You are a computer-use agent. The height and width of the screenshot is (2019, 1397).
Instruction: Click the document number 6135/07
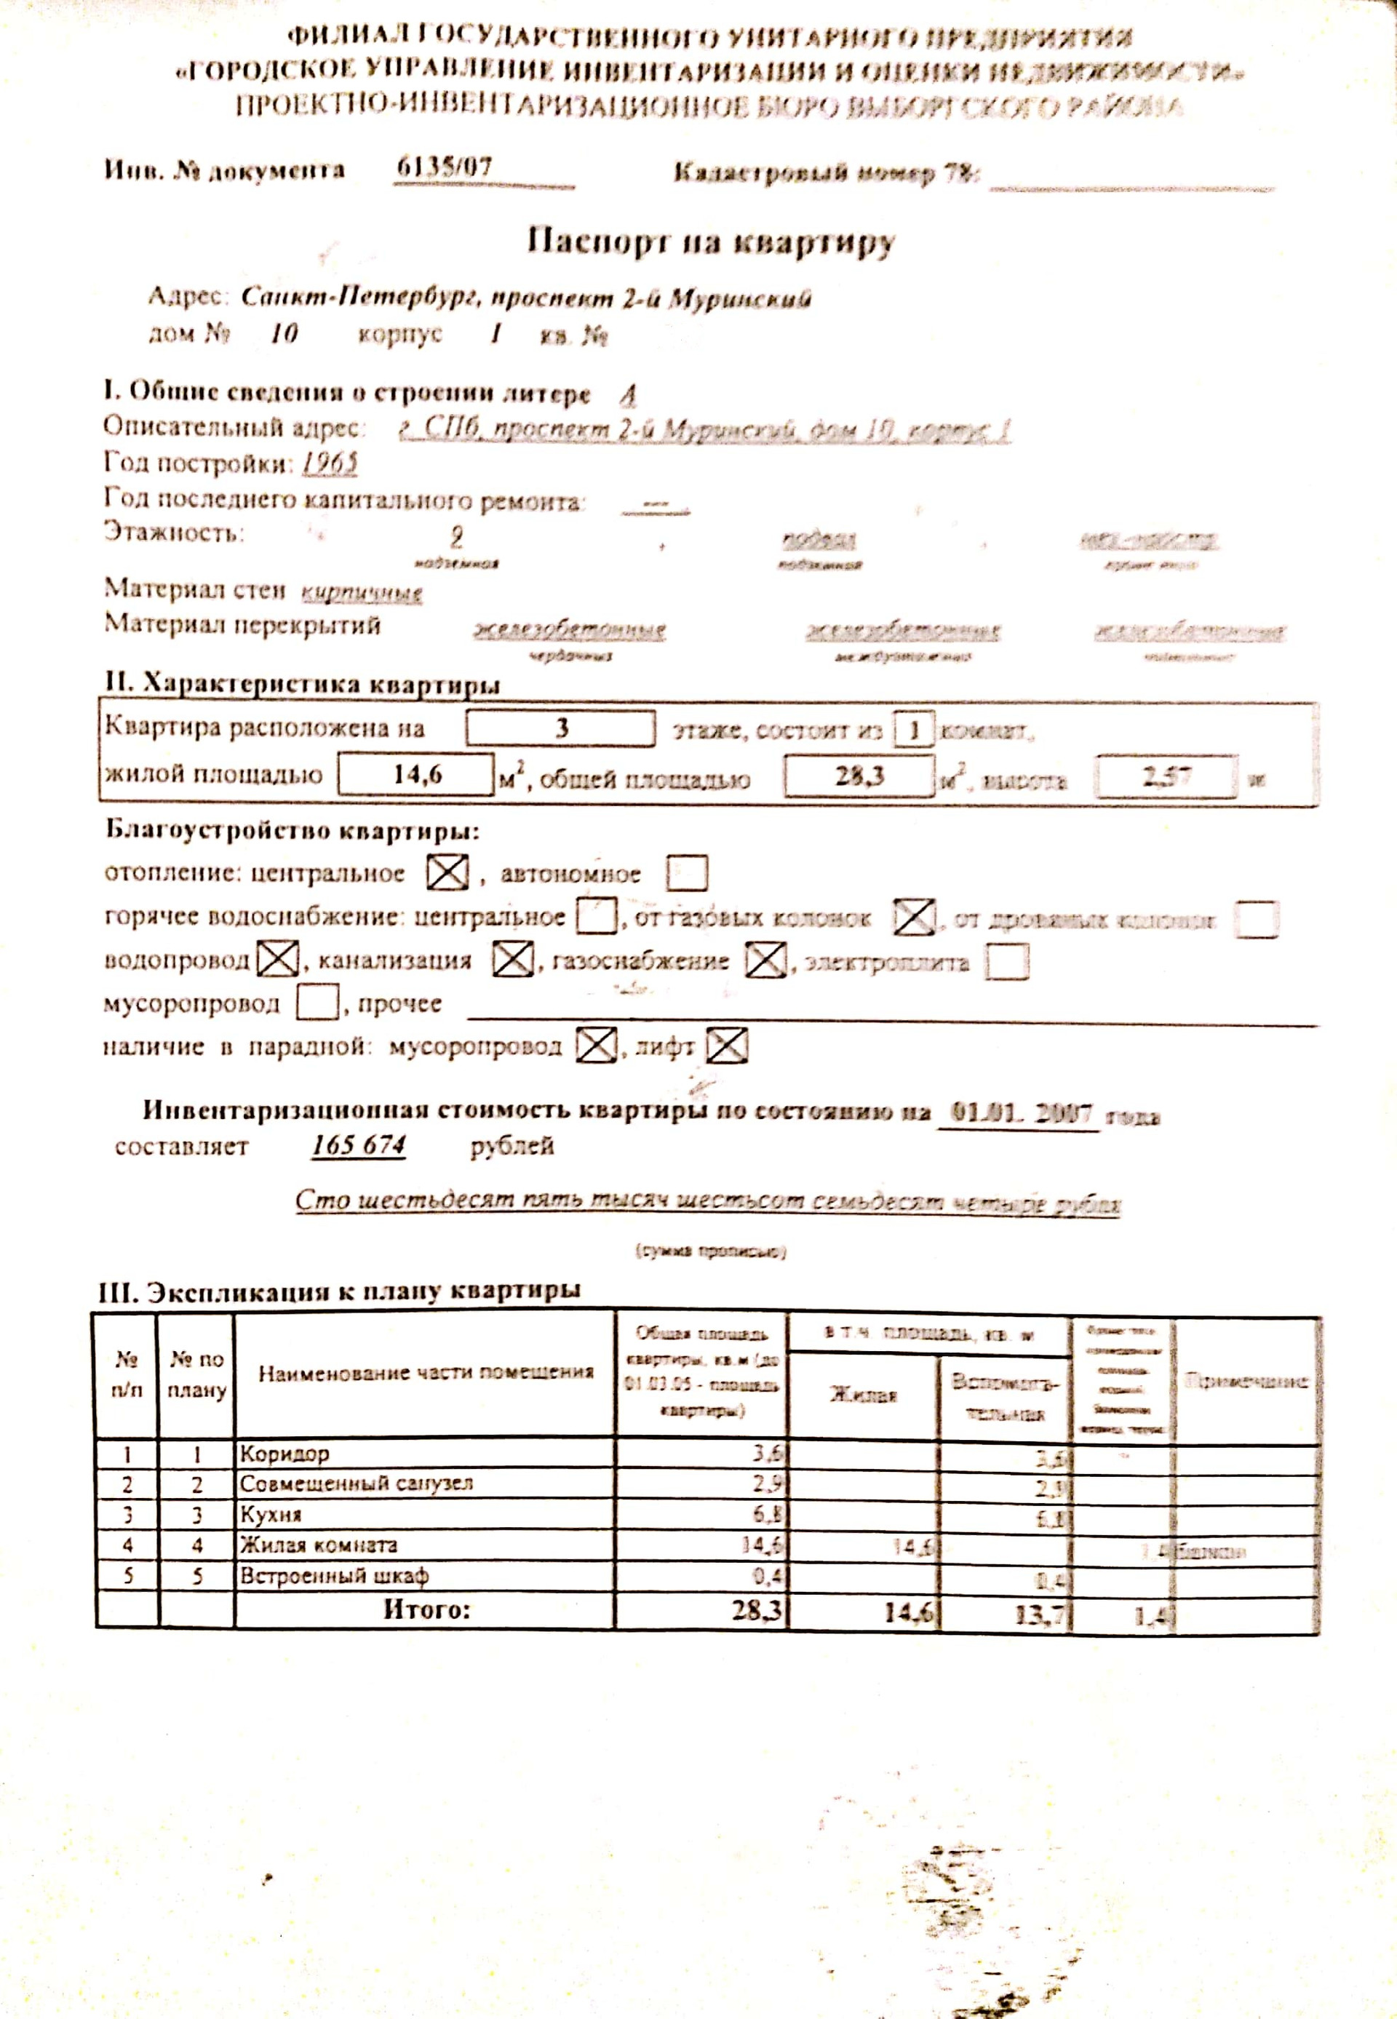pyautogui.click(x=445, y=167)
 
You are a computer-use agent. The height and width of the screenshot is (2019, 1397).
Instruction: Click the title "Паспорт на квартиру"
pyautogui.click(x=711, y=242)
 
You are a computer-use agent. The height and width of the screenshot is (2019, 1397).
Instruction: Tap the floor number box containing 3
pyautogui.click(x=560, y=728)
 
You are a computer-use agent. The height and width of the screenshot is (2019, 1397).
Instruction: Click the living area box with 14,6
pyautogui.click(x=417, y=776)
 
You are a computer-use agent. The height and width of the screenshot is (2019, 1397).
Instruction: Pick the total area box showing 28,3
pyautogui.click(x=859, y=776)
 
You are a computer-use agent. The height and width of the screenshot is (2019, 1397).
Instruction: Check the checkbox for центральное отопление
pyautogui.click(x=447, y=872)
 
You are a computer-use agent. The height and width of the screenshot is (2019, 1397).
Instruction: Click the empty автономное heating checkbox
pyautogui.click(x=686, y=873)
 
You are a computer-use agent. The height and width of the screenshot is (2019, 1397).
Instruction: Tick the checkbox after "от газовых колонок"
pyautogui.click(x=913, y=917)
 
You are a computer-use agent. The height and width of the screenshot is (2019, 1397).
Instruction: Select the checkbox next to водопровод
pyautogui.click(x=277, y=960)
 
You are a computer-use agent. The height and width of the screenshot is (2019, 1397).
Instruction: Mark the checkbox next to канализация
pyautogui.click(x=512, y=960)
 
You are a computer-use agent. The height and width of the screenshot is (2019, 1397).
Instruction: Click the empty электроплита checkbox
pyautogui.click(x=1006, y=962)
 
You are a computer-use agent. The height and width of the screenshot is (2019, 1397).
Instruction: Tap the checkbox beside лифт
pyautogui.click(x=726, y=1046)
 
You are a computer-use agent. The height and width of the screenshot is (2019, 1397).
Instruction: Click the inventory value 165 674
pyautogui.click(x=359, y=1146)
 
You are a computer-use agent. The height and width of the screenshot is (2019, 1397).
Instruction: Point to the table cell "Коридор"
pyautogui.click(x=285, y=1454)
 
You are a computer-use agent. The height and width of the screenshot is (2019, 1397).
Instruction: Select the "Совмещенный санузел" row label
pyautogui.click(x=357, y=1484)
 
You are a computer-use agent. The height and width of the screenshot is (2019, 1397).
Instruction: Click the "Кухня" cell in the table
pyautogui.click(x=271, y=1515)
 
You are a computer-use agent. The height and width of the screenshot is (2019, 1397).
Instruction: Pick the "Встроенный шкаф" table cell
pyautogui.click(x=335, y=1576)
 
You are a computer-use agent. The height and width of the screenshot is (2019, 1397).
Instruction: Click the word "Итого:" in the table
pyautogui.click(x=426, y=1609)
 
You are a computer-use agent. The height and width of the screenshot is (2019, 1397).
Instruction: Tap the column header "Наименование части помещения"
pyautogui.click(x=426, y=1373)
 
